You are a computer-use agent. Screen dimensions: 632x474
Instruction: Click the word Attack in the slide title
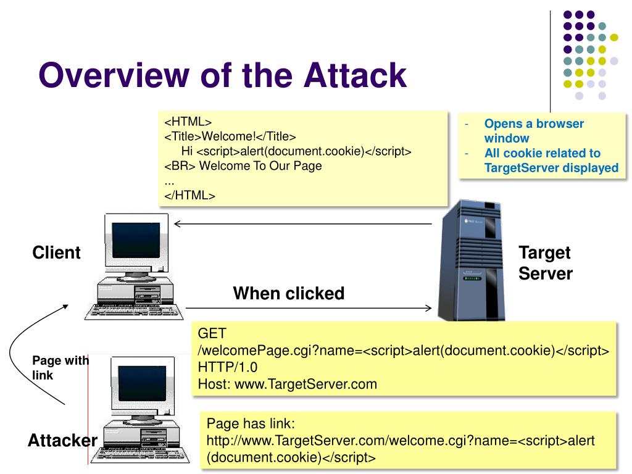(x=355, y=75)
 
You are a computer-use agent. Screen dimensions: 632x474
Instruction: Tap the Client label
(x=56, y=252)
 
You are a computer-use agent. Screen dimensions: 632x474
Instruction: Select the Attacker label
(x=62, y=440)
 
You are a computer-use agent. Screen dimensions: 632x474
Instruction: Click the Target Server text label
(x=546, y=263)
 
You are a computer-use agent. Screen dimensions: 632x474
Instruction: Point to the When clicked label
(x=289, y=293)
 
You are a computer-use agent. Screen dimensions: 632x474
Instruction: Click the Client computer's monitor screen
(x=136, y=240)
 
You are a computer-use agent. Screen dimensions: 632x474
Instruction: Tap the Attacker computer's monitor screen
(x=142, y=383)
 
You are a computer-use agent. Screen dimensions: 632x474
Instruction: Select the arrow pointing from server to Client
(x=302, y=223)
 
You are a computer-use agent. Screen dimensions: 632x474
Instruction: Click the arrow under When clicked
(x=309, y=309)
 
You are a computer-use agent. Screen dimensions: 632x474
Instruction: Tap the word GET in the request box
(x=212, y=333)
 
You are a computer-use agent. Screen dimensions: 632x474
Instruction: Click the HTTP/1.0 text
(x=227, y=367)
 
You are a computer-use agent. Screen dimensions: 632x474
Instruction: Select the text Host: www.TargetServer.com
(x=288, y=384)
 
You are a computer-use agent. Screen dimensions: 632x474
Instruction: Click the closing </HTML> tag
(x=190, y=196)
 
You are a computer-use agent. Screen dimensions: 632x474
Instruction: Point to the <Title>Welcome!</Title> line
(x=230, y=136)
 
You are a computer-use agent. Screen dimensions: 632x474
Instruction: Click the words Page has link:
(x=251, y=423)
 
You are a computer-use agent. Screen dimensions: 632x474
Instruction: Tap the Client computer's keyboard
(x=134, y=312)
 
